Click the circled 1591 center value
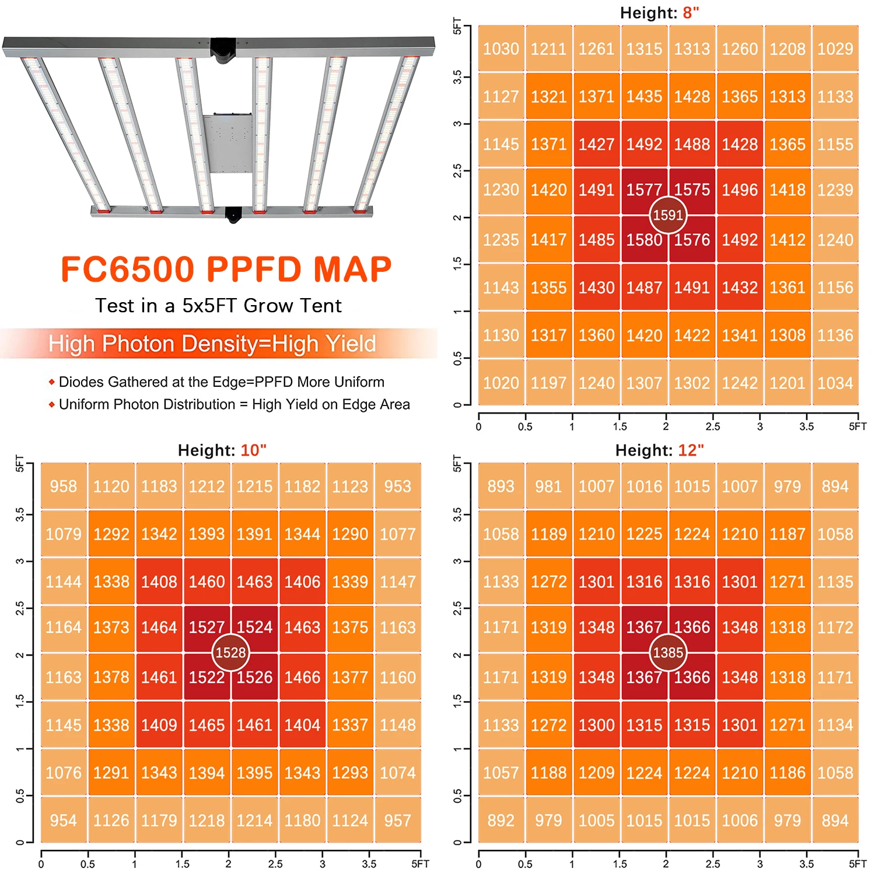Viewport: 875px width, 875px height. point(668,215)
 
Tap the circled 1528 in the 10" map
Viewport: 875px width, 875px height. point(231,653)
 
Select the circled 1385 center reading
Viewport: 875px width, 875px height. point(668,653)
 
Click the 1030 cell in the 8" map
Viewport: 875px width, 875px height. point(501,49)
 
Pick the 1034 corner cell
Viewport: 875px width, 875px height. point(835,383)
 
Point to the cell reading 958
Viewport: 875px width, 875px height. point(64,487)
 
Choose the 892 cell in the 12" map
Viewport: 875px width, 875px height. point(501,821)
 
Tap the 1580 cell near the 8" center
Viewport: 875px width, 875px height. point(644,240)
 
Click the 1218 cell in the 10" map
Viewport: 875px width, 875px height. point(207,821)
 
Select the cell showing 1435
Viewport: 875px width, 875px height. point(644,97)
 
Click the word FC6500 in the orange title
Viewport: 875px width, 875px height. point(128,269)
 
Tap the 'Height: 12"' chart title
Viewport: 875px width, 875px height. point(659,450)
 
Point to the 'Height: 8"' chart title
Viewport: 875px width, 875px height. point(659,13)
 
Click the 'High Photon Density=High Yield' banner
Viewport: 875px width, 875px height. point(212,344)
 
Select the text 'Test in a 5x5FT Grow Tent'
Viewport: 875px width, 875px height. point(219,306)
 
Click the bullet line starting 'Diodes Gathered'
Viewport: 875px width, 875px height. point(221,382)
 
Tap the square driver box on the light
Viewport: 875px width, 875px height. point(228,143)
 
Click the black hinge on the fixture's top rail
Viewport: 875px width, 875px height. point(223,50)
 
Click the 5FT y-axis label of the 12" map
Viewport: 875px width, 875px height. point(457,463)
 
